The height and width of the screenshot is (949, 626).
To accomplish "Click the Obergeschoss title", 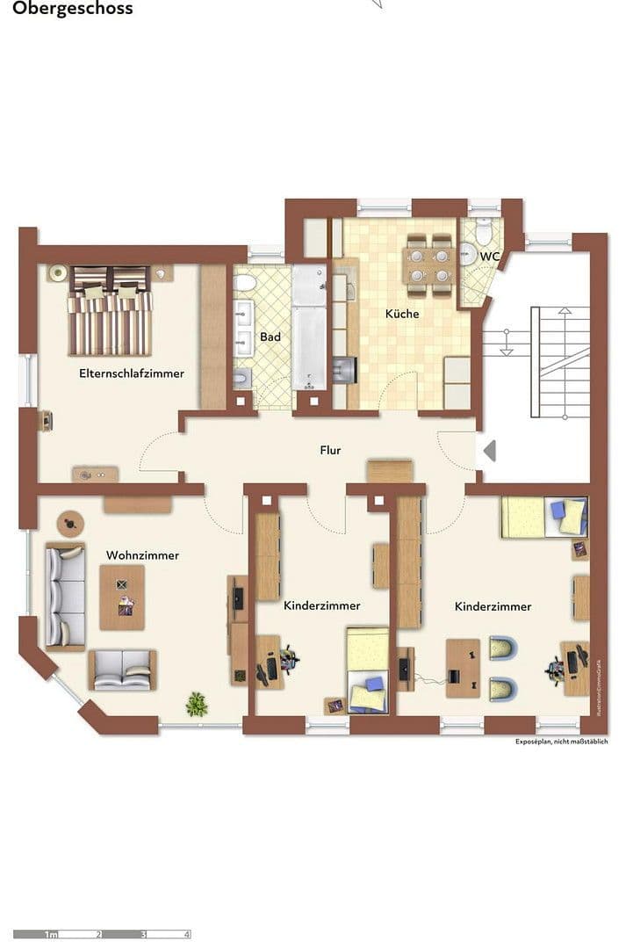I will (73, 9).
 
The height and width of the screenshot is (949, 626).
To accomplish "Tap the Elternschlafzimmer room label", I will (132, 373).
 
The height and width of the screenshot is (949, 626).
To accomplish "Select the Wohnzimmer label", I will (142, 555).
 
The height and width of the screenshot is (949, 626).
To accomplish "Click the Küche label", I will (402, 314).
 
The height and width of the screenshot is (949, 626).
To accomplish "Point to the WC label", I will (489, 257).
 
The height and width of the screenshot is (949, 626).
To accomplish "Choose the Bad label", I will (270, 337).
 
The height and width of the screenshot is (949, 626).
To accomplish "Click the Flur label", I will (330, 450).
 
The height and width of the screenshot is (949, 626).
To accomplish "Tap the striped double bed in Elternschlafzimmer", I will (112, 312).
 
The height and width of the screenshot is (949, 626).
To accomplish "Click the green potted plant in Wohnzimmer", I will (197, 703).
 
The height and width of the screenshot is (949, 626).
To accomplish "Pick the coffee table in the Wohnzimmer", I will (122, 598).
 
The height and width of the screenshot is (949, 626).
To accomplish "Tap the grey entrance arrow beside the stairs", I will (490, 451).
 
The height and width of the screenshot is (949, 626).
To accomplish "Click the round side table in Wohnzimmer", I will (69, 525).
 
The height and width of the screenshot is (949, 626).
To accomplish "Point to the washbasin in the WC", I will (468, 254).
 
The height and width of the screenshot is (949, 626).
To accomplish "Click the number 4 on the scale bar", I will (186, 935).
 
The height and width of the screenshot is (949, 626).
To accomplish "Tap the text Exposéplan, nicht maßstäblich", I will (561, 742).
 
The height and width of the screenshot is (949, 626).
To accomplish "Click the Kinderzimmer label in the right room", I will (493, 606).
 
